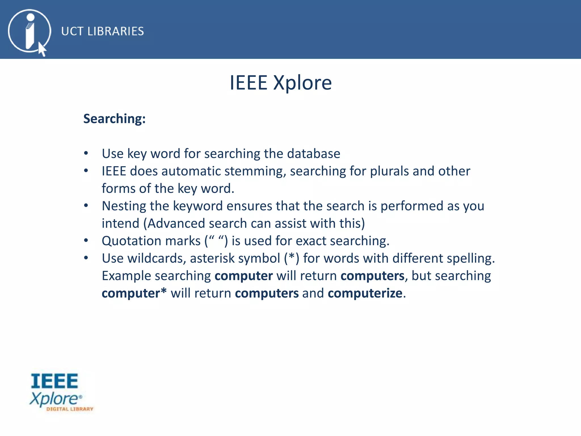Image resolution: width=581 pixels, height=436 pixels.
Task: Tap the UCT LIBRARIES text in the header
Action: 102,31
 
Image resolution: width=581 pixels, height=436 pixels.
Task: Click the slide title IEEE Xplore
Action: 281,83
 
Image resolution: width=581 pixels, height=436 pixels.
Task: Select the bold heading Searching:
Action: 114,119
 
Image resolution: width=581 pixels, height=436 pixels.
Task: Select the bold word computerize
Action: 365,293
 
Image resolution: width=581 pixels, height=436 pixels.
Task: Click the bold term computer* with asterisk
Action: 134,293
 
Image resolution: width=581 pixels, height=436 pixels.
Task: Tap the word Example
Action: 126,276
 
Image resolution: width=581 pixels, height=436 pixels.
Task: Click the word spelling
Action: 470,258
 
